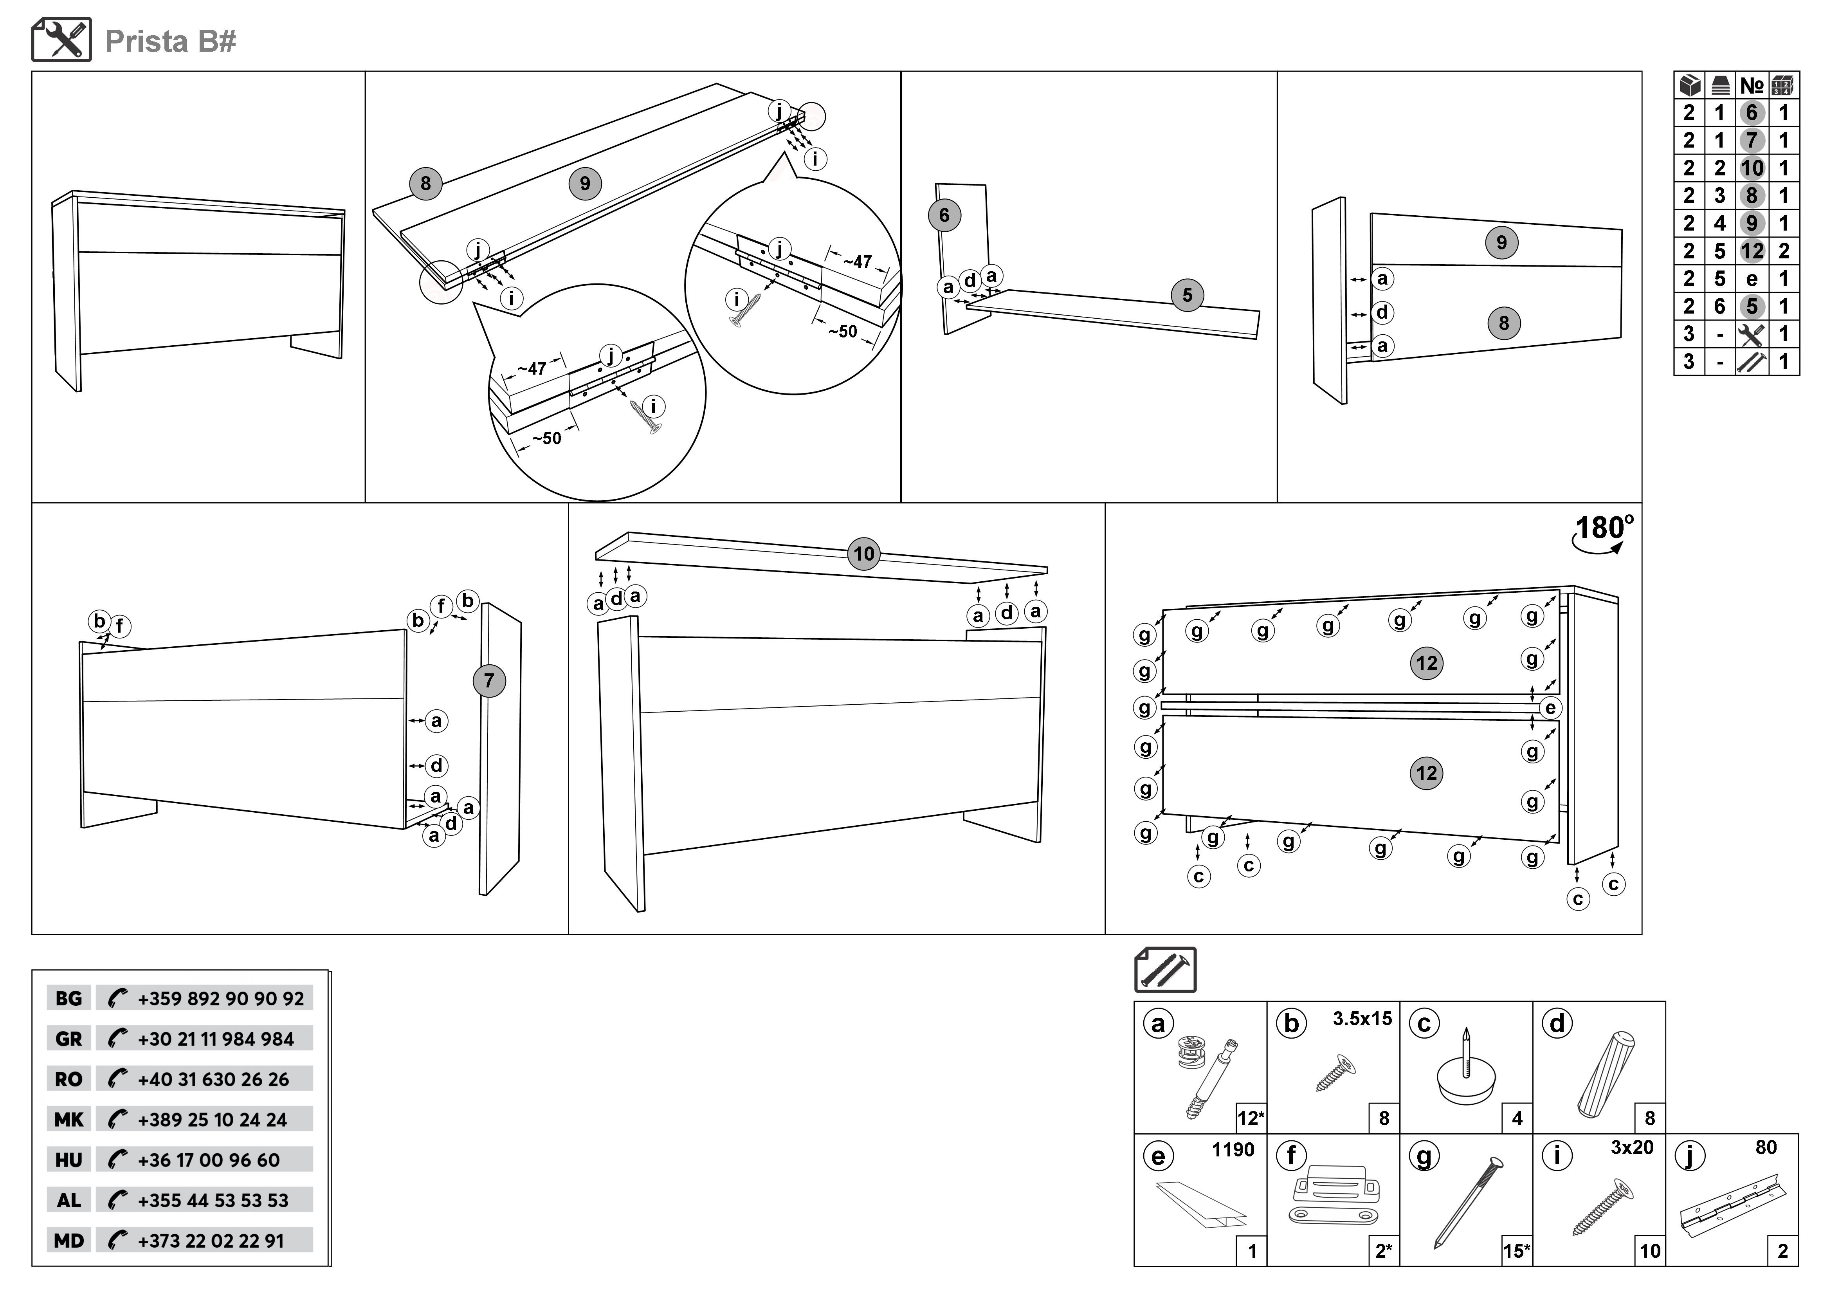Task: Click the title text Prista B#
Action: (170, 41)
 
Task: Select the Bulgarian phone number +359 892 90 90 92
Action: (220, 998)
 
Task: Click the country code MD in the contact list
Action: (68, 1241)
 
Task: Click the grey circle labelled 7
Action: (489, 681)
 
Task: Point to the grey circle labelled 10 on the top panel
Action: (864, 554)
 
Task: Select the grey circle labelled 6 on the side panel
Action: (944, 215)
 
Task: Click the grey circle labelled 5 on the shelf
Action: (1187, 295)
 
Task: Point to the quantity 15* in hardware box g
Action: (1516, 1251)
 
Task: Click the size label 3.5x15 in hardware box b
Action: (1362, 1019)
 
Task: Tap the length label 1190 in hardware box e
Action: (1233, 1150)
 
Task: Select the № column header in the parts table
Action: (1751, 85)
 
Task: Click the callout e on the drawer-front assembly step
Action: (1550, 708)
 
